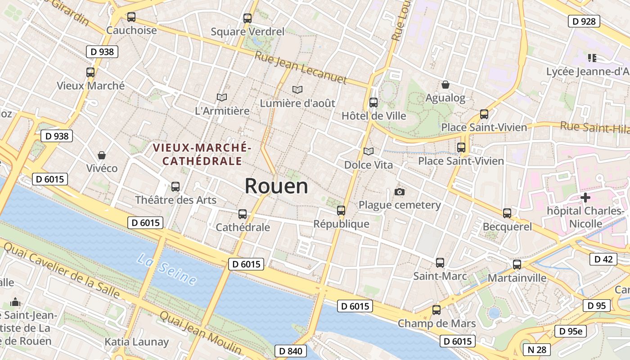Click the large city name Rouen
pyautogui.click(x=276, y=186)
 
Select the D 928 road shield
pyautogui.click(x=584, y=21)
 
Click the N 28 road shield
pyautogui.click(x=536, y=349)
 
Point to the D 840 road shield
pyautogui.click(x=290, y=351)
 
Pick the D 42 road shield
pyautogui.click(x=603, y=259)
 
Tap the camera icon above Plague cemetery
pyautogui.click(x=399, y=192)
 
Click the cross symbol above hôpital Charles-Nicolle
pyautogui.click(x=585, y=197)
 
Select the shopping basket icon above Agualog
pyautogui.click(x=445, y=85)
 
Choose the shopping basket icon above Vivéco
pyautogui.click(x=102, y=155)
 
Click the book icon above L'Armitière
pyautogui.click(x=221, y=97)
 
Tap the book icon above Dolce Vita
pyautogui.click(x=368, y=152)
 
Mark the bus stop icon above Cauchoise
pyautogui.click(x=131, y=17)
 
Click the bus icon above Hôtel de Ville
pyautogui.click(x=373, y=103)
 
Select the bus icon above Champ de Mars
pyautogui.click(x=436, y=310)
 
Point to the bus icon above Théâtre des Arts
pyautogui.click(x=175, y=187)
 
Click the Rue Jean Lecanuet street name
pyautogui.click(x=301, y=68)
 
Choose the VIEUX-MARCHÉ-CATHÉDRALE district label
pyautogui.click(x=202, y=154)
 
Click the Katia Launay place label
pyautogui.click(x=136, y=342)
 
